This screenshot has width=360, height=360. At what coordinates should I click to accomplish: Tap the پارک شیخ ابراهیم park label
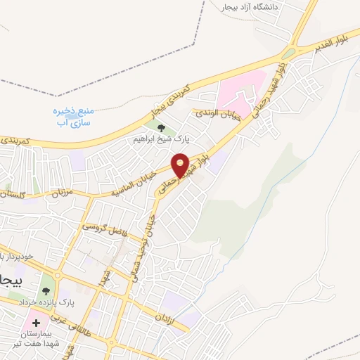point(162,139)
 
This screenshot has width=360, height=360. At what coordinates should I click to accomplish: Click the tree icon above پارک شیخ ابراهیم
point(162,128)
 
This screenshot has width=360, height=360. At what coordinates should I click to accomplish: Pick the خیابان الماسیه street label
point(134,184)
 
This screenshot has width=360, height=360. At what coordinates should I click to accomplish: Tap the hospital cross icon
point(37,323)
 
